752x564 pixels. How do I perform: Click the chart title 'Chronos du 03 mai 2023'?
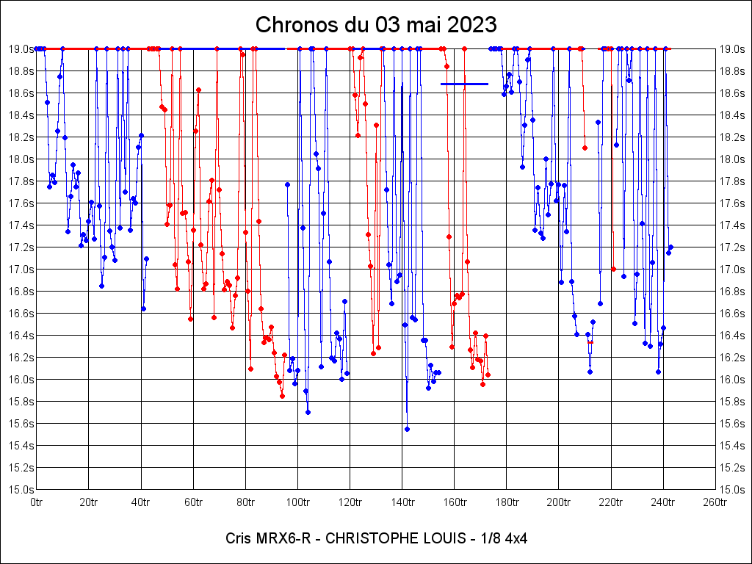click(376, 25)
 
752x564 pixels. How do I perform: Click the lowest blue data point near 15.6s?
click(407, 429)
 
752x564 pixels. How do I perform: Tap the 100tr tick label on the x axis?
click(297, 502)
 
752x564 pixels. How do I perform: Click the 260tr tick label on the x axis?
click(715, 502)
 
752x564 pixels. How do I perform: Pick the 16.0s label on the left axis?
click(21, 379)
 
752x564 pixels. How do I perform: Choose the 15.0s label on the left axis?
click(21, 489)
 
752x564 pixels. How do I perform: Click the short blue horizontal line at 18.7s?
click(464, 84)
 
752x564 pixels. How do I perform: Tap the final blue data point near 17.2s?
click(670, 247)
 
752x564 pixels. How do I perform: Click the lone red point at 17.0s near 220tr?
click(613, 269)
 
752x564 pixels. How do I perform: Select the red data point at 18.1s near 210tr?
click(585, 148)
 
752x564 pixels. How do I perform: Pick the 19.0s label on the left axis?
click(21, 48)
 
